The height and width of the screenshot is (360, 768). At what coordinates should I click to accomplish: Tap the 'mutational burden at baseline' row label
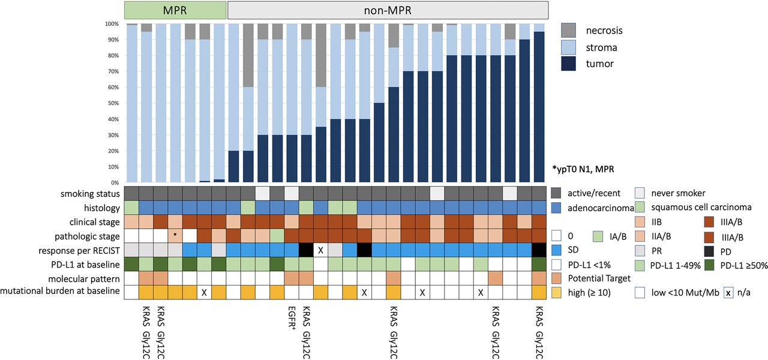click(x=62, y=291)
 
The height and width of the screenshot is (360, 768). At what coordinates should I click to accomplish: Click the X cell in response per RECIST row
click(x=321, y=248)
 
